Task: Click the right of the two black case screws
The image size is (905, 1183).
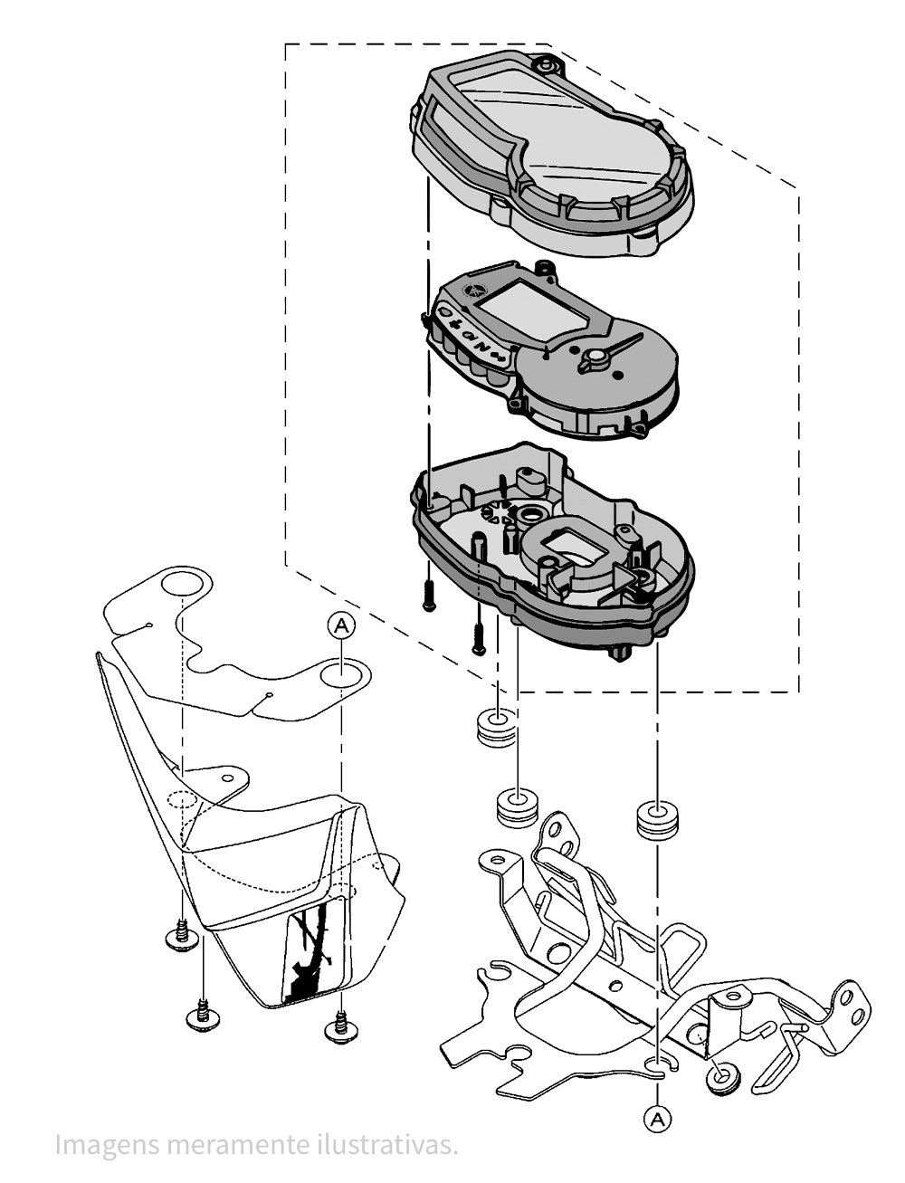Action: coord(479,639)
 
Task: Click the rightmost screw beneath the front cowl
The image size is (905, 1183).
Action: coord(339,1027)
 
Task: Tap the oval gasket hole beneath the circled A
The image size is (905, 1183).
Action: coord(342,673)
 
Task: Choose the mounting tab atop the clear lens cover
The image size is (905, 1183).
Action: coord(546,65)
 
